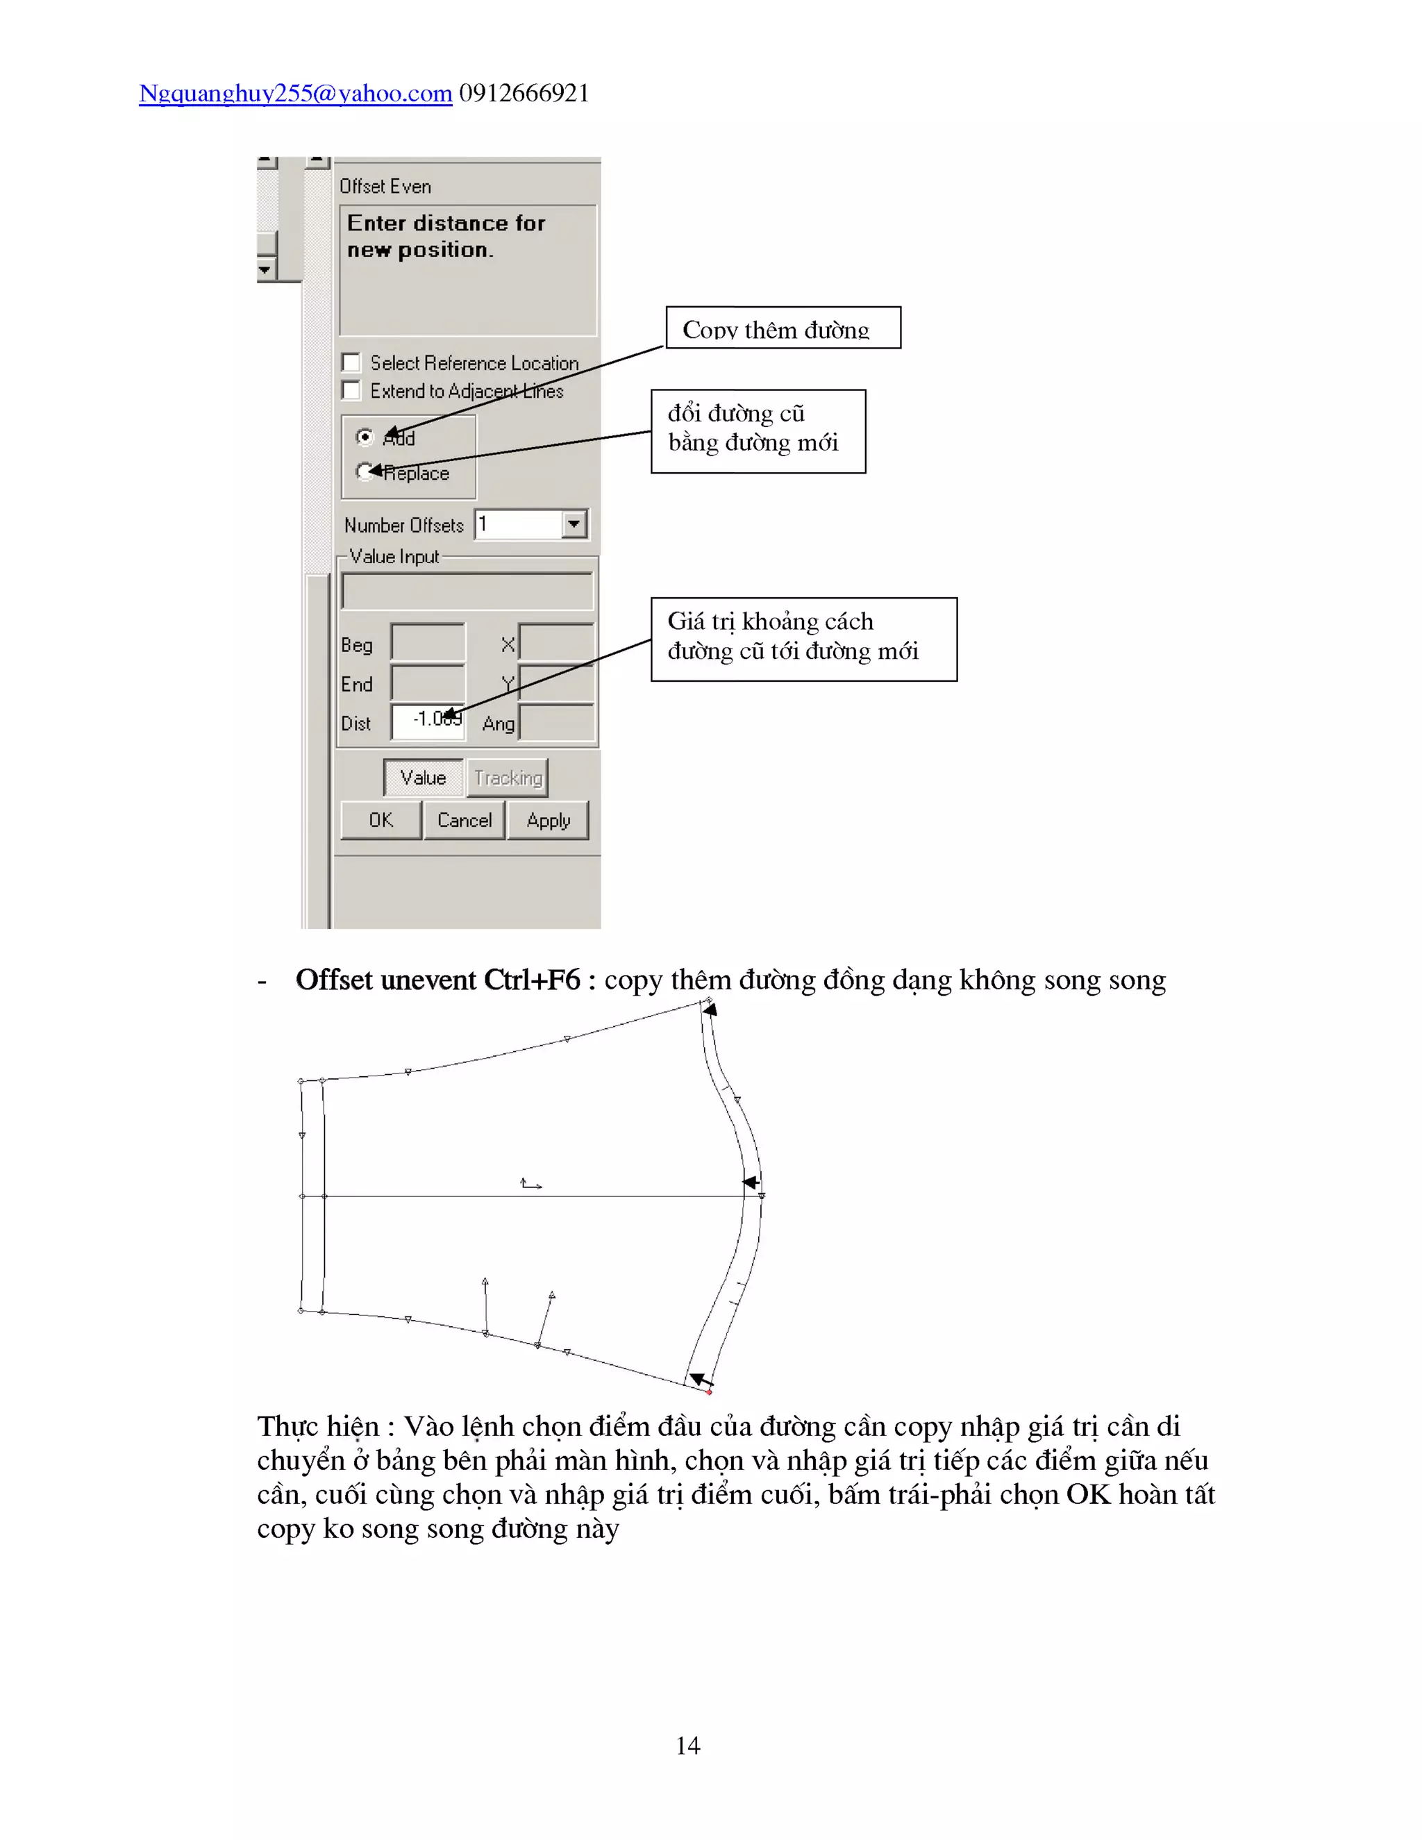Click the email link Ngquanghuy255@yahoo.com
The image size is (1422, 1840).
(x=295, y=94)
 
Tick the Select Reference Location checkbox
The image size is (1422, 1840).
(x=351, y=363)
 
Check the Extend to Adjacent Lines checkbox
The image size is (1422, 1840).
(x=351, y=391)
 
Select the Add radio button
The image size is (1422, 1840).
(x=365, y=437)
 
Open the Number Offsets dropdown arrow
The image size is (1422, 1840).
(x=574, y=524)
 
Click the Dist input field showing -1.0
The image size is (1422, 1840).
(x=428, y=722)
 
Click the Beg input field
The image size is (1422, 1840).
(x=428, y=643)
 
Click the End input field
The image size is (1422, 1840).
(x=428, y=683)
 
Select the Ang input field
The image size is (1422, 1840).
(x=557, y=723)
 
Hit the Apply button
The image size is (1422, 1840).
(x=548, y=820)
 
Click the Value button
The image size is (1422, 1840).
(x=423, y=778)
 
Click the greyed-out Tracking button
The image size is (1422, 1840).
(x=507, y=778)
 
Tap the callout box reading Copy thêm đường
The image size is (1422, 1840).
(x=783, y=328)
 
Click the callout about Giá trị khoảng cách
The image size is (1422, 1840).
(x=803, y=639)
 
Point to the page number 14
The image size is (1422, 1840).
(x=687, y=1745)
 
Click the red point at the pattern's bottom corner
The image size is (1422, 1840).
(x=710, y=1391)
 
